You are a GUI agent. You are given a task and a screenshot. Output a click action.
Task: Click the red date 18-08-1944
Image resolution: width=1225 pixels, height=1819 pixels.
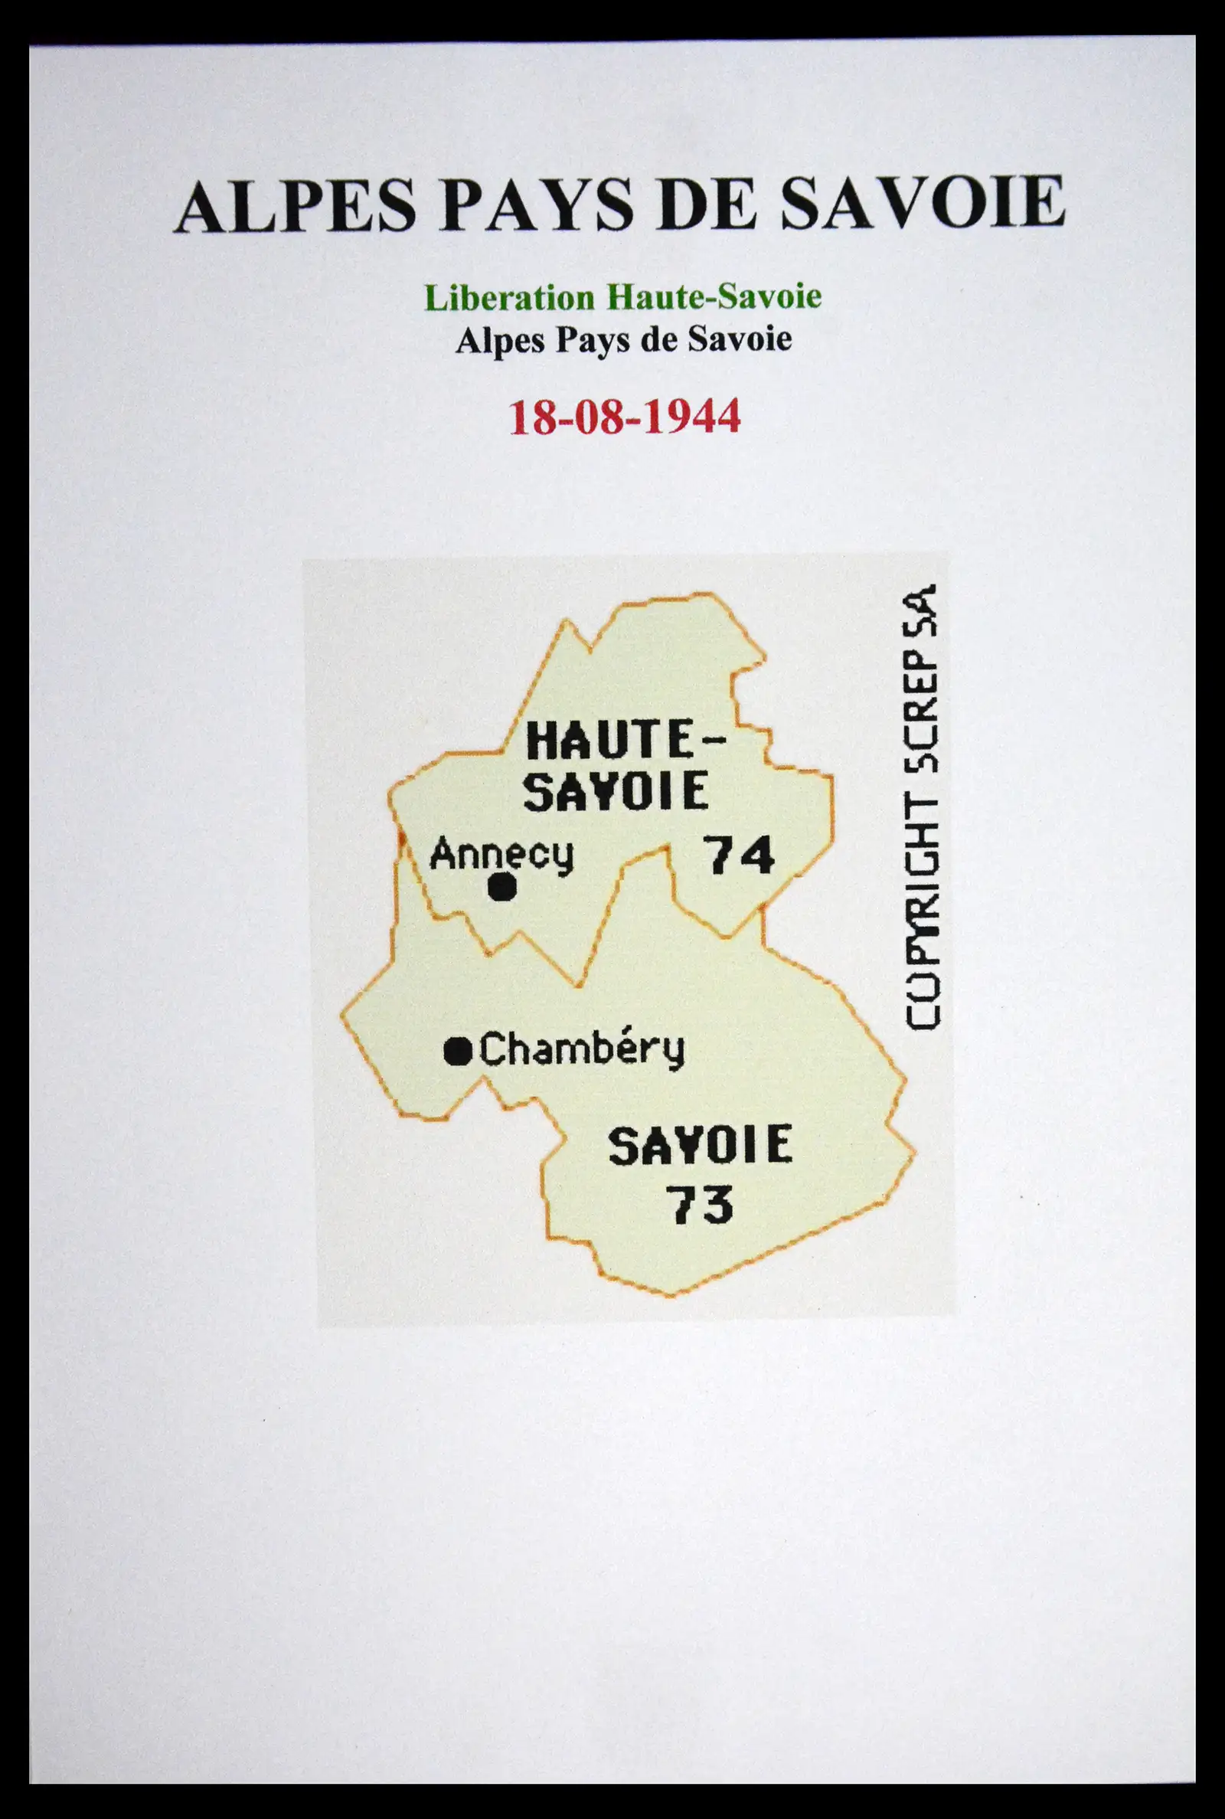[x=624, y=417]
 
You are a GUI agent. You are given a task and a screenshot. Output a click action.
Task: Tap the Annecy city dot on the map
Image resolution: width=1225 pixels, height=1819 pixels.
[x=501, y=888]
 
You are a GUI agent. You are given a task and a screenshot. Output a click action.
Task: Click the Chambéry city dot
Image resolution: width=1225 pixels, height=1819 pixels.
[x=458, y=1052]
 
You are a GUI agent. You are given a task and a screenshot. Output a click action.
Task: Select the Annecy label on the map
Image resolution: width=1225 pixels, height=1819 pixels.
[x=501, y=853]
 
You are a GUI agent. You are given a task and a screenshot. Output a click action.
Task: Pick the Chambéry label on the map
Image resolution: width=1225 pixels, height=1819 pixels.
[x=581, y=1049]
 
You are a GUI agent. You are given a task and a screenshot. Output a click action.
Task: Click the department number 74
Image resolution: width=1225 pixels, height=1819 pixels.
[x=738, y=856]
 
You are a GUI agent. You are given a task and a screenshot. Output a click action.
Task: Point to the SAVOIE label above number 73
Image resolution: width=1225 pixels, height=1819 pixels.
[x=700, y=1146]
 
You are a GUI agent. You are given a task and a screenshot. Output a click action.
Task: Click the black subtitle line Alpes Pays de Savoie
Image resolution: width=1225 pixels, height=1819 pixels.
[x=623, y=340]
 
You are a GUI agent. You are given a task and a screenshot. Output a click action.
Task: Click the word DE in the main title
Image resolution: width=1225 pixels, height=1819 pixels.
[x=707, y=205]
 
